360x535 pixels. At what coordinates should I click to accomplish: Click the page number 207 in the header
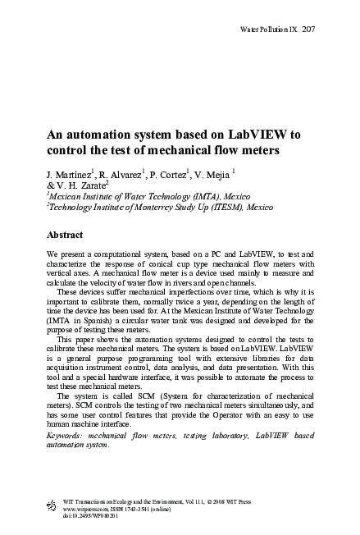tap(309, 30)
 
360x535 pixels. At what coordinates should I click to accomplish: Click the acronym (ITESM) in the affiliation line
tap(211, 208)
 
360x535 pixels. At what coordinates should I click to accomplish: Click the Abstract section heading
tap(71, 234)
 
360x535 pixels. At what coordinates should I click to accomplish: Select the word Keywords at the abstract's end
tap(67, 432)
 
